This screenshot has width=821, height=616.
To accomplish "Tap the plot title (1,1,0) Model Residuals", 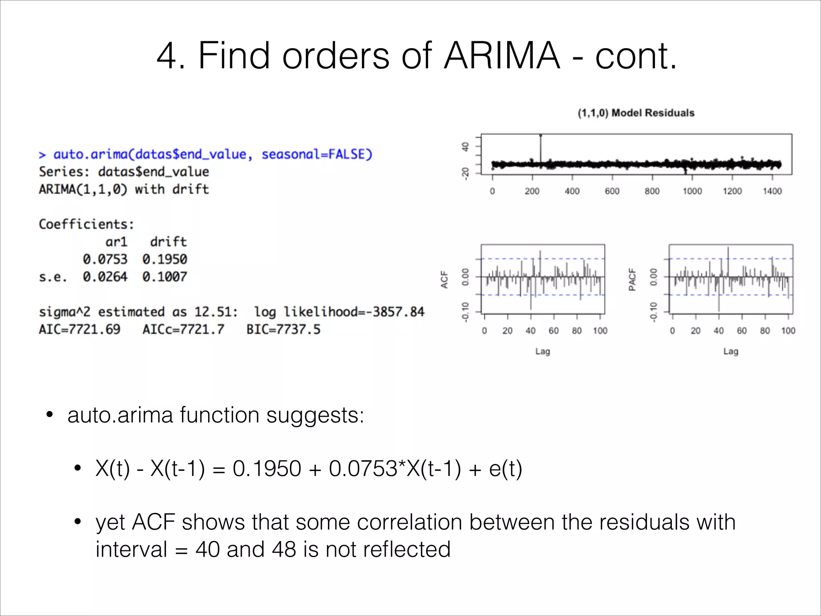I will pos(636,113).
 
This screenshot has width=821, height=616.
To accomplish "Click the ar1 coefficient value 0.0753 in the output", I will pos(105,259).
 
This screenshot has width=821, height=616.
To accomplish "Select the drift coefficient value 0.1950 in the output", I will pos(165,259).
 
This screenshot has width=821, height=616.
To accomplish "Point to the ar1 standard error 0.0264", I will pos(105,277).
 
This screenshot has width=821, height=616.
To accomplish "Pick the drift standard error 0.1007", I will pos(165,277).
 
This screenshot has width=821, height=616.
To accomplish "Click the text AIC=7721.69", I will pos(79,329).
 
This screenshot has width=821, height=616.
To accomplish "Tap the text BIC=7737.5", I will pos(283,329).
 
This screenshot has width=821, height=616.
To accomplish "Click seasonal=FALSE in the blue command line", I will pos(317,154).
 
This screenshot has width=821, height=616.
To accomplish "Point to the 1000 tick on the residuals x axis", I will pos(692,191).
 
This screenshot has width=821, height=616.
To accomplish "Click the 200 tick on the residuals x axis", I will pos(532,191).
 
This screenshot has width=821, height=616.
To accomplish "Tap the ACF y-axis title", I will pos(444,279).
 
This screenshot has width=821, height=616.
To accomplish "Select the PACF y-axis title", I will pos(632,279).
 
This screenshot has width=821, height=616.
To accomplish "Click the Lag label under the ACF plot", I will pos(543,352).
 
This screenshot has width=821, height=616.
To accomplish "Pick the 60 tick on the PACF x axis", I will pos(742,331).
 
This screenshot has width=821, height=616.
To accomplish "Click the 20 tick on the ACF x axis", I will pos(508,331).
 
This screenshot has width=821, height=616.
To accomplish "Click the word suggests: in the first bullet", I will pos(315,415).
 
